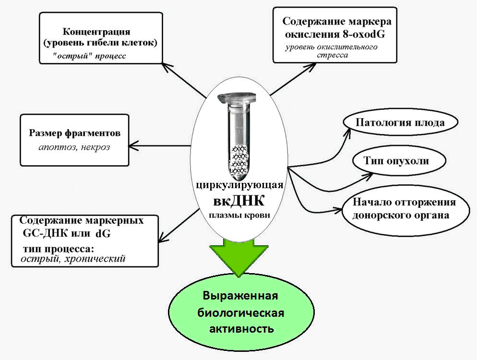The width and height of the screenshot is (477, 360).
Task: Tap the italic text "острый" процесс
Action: [x=89, y=56]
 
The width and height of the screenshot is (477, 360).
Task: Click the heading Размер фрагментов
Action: [x=74, y=133]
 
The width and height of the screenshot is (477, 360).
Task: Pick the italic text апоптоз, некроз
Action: [x=74, y=147]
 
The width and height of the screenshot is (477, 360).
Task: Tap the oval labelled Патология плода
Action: [x=400, y=122]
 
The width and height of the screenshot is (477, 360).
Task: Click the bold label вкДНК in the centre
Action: [x=239, y=200]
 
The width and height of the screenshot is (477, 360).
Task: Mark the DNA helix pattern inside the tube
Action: [x=239, y=158]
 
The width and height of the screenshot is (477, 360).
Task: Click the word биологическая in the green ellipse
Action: [x=241, y=313]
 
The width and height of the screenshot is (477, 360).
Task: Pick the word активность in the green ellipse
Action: [x=241, y=329]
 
